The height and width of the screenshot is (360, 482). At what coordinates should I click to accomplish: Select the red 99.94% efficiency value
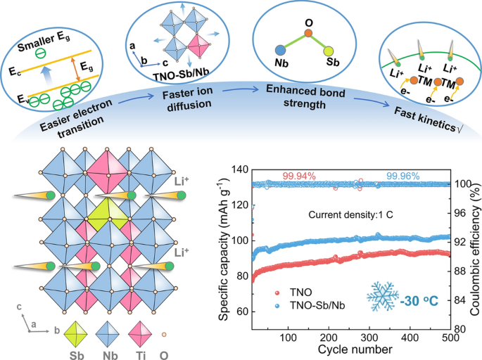click(x=299, y=174)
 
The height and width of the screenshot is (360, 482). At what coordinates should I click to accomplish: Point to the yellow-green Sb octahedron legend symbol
click(x=77, y=328)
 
